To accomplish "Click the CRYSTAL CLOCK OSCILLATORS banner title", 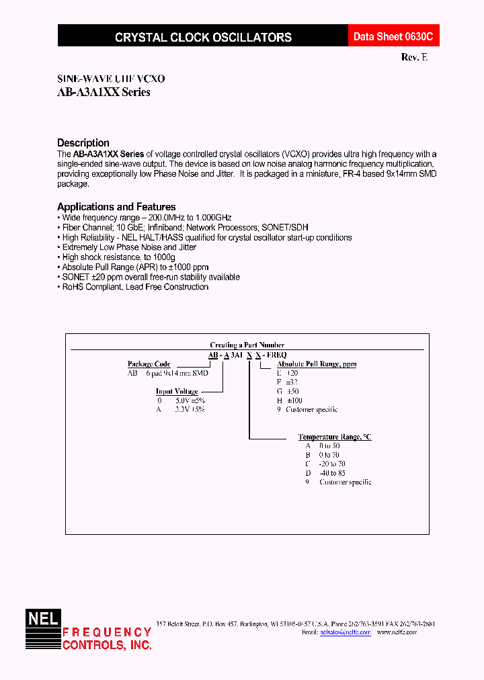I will click(203, 38).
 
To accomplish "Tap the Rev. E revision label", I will click(414, 58).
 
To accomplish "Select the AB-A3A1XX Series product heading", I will click(104, 93).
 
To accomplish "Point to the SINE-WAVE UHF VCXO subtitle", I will click(111, 79).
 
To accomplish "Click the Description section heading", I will click(83, 142).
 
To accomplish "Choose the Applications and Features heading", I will click(116, 207).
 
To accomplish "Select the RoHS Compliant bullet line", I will click(134, 287).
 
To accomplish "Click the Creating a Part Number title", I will click(247, 345).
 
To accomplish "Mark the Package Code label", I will click(149, 364).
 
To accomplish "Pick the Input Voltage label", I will click(177, 391).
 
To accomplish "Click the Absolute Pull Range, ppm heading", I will click(317, 364).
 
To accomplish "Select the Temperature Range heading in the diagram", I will click(334, 437).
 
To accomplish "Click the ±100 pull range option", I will click(303, 400).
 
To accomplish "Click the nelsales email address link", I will click(345, 632).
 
